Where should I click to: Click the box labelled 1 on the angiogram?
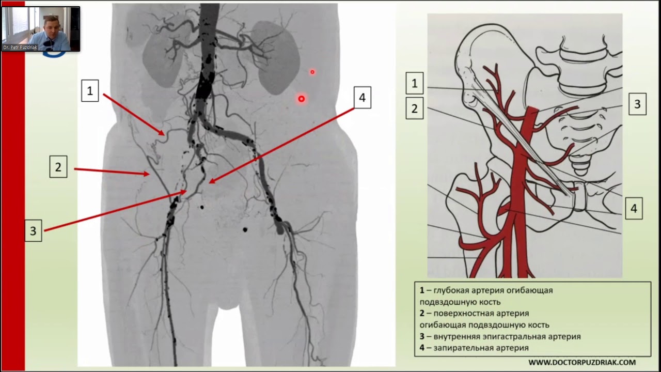(90, 91)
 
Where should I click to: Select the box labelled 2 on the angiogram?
(58, 167)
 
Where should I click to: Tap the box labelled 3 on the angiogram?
(33, 231)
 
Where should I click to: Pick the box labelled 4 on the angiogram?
(362, 98)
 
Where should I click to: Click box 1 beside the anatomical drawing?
(414, 83)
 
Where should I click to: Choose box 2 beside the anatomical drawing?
(414, 109)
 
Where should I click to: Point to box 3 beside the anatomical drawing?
(637, 104)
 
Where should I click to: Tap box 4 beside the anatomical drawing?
(634, 209)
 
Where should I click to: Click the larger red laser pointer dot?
(301, 98)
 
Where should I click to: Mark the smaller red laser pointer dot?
(312, 72)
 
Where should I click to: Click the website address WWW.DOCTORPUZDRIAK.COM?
(582, 363)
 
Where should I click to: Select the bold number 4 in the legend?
(422, 348)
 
